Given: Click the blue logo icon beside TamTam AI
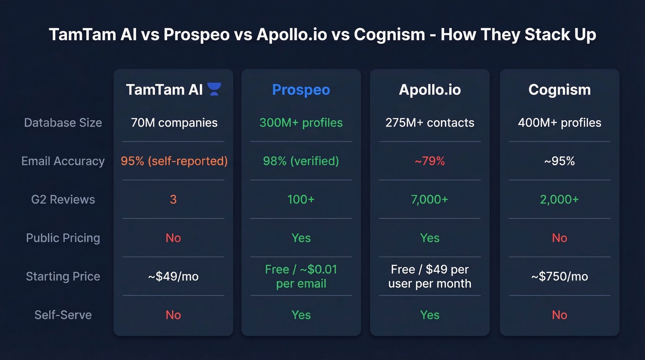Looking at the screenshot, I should [x=214, y=89].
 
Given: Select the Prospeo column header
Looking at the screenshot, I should [x=301, y=89].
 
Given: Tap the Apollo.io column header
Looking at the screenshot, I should [x=429, y=89].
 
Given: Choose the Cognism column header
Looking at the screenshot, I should [x=559, y=89].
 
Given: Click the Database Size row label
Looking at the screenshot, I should [x=63, y=123].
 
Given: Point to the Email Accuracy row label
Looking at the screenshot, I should [x=63, y=161].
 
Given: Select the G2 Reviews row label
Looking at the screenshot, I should [x=63, y=200].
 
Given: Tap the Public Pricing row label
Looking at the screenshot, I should [x=63, y=238].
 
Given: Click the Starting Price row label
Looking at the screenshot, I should [x=63, y=277].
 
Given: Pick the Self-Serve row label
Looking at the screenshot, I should [x=63, y=315].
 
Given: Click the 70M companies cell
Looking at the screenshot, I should [x=174, y=123].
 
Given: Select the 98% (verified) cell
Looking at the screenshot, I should [x=301, y=161].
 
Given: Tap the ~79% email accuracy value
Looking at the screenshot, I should [x=429, y=161].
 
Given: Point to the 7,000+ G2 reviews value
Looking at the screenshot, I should [x=429, y=200].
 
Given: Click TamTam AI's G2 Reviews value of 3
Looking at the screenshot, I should [x=173, y=200].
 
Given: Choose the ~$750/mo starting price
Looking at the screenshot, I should [x=559, y=277].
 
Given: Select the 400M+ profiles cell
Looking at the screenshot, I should [x=559, y=123].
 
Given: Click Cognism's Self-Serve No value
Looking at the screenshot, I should [x=559, y=315].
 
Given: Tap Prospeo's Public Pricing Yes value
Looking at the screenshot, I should [x=301, y=238].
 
